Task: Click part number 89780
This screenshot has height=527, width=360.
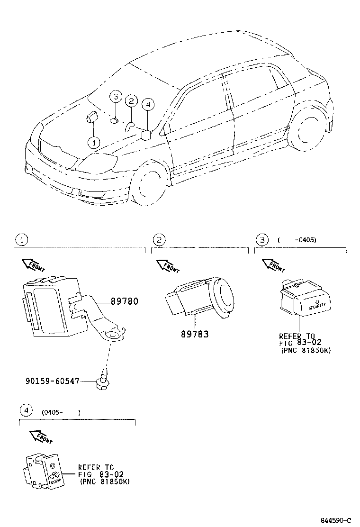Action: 125,301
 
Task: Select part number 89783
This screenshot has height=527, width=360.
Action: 194,334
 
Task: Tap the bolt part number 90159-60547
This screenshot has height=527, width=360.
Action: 52,381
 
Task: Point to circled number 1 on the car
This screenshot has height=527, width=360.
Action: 94,142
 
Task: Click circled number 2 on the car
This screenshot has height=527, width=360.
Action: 131,100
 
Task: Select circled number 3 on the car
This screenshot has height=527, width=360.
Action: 115,97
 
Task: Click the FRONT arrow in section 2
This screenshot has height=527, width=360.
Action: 168,266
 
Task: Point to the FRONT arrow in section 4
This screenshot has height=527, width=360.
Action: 41,436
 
